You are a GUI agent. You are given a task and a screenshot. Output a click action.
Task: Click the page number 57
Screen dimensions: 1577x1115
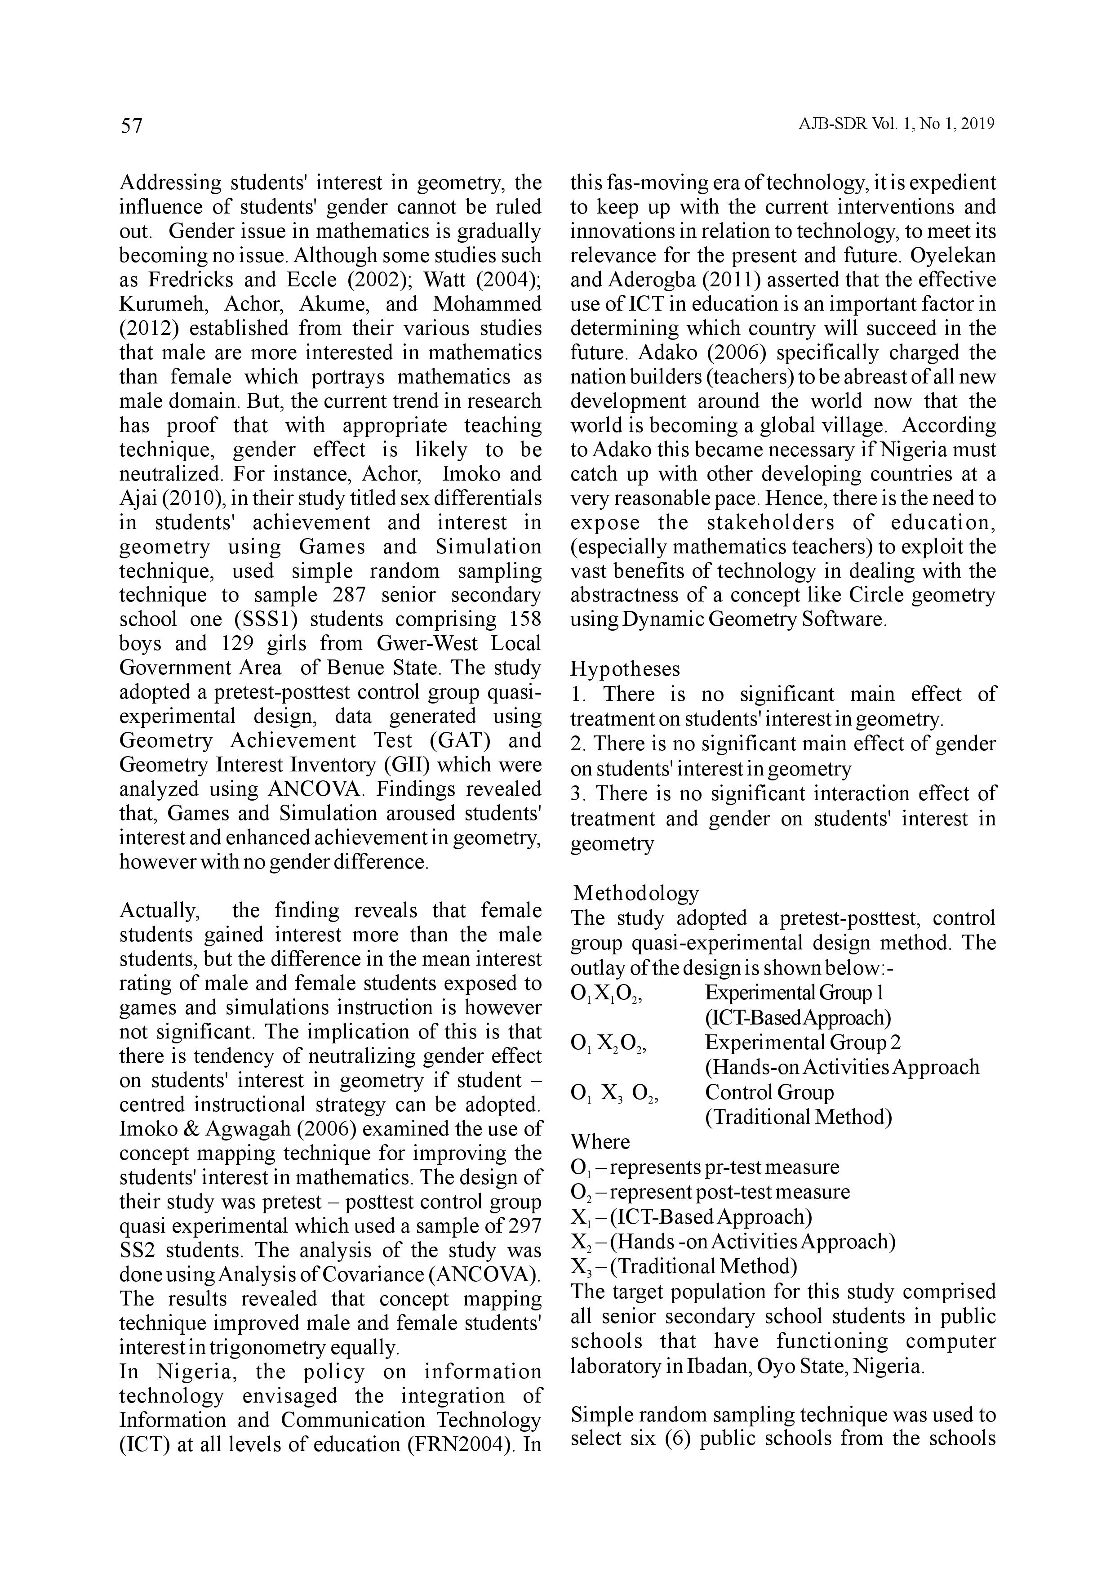(x=132, y=126)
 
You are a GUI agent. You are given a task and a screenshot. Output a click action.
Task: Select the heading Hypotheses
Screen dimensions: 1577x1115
(x=625, y=669)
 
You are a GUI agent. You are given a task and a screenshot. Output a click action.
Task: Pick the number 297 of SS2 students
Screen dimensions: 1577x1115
(x=524, y=1225)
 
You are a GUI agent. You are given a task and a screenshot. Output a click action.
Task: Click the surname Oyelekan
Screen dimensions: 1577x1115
(x=952, y=255)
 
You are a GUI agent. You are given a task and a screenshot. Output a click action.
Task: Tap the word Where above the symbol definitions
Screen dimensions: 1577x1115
(x=600, y=1141)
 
